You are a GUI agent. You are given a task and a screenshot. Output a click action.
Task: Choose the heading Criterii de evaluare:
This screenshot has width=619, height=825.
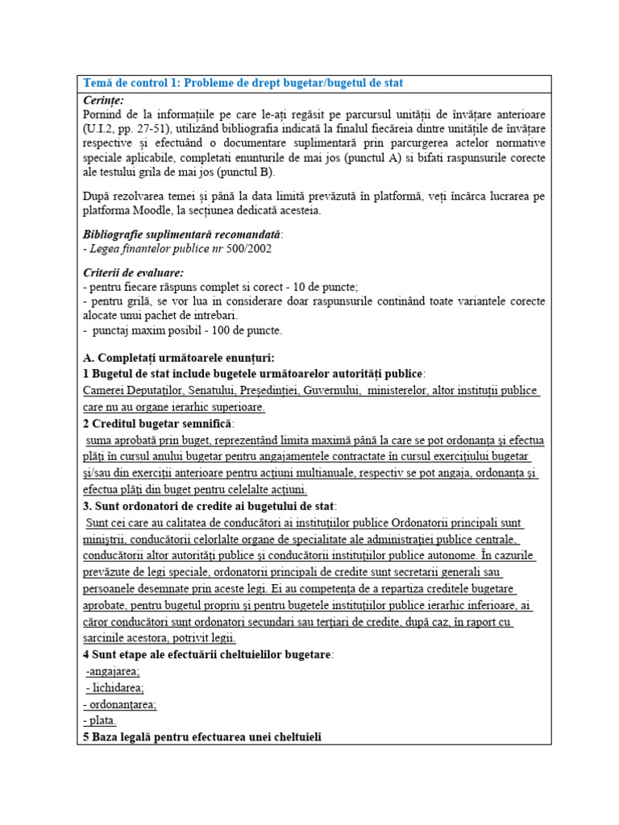[133, 272]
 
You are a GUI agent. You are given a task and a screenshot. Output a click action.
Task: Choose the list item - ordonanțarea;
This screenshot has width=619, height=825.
[120, 704]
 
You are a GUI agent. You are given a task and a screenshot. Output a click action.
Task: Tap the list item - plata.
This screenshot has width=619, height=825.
[100, 720]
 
